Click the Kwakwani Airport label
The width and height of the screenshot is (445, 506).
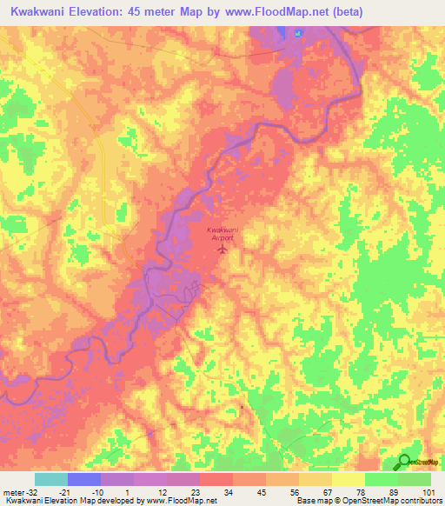[x=222, y=232]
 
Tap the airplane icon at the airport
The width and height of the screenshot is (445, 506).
[x=222, y=250]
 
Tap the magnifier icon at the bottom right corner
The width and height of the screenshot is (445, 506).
[x=405, y=463]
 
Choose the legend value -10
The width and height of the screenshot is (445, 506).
[x=98, y=492]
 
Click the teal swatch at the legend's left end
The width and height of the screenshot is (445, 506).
[x=51, y=479]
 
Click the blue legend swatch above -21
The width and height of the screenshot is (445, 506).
[x=84, y=479]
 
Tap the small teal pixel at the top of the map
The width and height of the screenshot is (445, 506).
[x=298, y=34]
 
